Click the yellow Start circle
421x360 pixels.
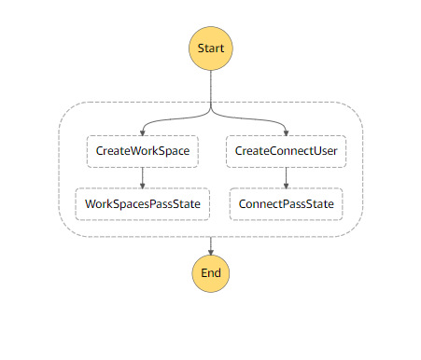tap(212, 47)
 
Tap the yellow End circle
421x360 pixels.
tap(212, 274)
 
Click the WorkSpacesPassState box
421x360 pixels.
tap(142, 202)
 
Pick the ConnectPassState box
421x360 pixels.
tap(286, 202)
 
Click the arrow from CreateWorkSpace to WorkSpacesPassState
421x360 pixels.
tap(142, 177)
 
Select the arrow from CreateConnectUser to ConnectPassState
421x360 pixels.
tap(286, 177)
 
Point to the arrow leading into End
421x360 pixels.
tap(212, 245)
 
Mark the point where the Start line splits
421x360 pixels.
tap(212, 110)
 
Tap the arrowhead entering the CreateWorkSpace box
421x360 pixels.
tap(142, 134)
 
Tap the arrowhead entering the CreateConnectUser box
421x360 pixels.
tap(286, 134)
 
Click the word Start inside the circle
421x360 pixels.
tap(212, 47)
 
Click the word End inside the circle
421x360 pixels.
tap(212, 274)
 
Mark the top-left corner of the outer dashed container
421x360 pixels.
tap(63, 105)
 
